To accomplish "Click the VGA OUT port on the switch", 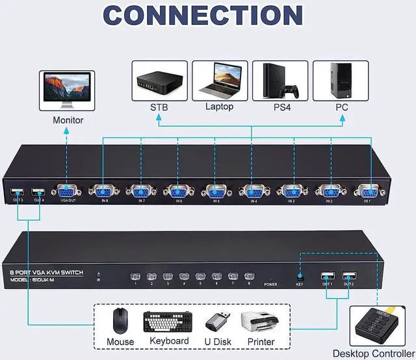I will pyautogui.click(x=68, y=192).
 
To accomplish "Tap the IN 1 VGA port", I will pyautogui.click(x=367, y=192).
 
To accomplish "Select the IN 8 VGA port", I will pyautogui.click(x=105, y=192).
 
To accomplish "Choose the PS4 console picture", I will pyautogui.click(x=280, y=81).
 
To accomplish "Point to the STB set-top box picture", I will pyautogui.click(x=159, y=81).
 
